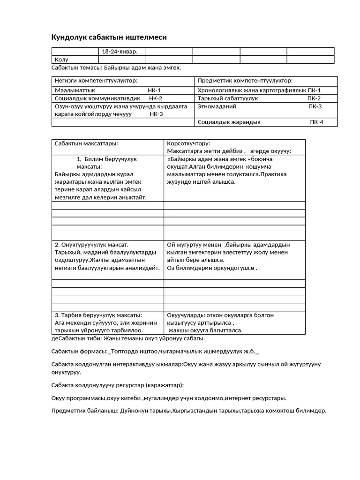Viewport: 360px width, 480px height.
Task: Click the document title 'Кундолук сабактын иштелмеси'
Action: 108,37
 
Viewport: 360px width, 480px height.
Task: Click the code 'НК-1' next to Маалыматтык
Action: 154,90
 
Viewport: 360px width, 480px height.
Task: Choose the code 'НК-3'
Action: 157,114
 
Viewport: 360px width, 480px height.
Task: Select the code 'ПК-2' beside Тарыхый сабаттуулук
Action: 314,98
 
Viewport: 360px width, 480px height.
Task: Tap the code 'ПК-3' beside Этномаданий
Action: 315,106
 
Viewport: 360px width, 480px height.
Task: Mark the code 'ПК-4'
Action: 316,122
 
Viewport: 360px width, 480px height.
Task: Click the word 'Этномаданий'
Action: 217,106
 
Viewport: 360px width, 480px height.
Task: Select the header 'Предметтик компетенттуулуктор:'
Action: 245,81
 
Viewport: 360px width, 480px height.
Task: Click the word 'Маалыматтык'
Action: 75,90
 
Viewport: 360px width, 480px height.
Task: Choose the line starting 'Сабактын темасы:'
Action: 116,68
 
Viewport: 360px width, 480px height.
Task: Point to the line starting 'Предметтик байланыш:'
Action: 188,411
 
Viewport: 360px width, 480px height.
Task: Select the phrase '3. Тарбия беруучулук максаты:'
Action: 98,315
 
